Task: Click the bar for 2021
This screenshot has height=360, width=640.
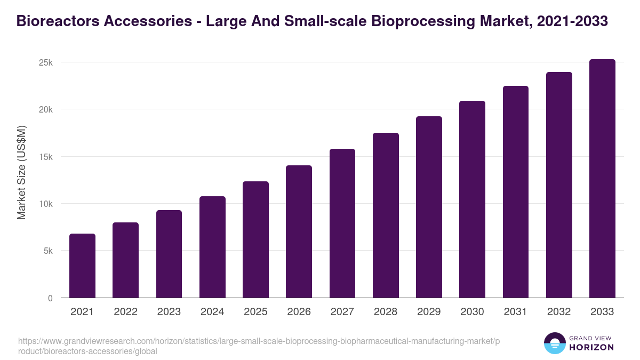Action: [x=82, y=266]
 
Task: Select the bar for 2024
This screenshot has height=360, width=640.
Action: [x=212, y=247]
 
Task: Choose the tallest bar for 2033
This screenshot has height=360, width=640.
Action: [x=602, y=178]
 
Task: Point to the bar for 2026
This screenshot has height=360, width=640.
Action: [x=299, y=231]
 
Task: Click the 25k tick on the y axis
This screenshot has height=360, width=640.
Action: [x=46, y=62]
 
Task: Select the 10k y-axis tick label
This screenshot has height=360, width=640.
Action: [x=46, y=204]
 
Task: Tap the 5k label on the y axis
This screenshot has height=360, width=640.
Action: [x=48, y=251]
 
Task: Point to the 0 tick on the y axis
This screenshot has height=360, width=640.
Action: [x=50, y=298]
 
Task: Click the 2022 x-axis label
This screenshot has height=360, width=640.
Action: [x=125, y=312]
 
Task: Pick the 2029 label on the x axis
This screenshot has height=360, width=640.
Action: [x=429, y=312]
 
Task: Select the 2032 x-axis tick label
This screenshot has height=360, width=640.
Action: [x=559, y=312]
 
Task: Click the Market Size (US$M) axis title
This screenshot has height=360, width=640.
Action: [x=21, y=172]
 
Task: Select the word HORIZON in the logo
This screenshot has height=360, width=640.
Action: [x=591, y=347]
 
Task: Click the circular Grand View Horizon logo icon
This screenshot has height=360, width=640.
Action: [x=554, y=343]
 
